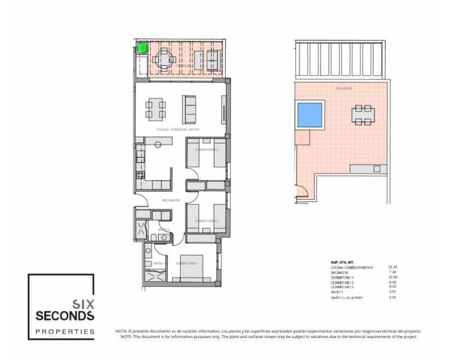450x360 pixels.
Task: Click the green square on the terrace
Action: [x=142, y=48]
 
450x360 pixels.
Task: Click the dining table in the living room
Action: [x=156, y=108]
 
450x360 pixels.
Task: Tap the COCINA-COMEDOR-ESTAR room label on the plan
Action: [x=178, y=129]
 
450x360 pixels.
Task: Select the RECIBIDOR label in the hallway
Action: [x=170, y=200]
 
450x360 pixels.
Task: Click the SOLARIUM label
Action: [x=344, y=88]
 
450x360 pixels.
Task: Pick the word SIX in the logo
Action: [x=83, y=302]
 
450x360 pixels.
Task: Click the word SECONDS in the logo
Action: [x=65, y=315]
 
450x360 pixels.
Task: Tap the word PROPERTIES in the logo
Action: [x=65, y=332]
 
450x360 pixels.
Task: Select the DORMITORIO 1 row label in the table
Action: [x=343, y=278]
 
